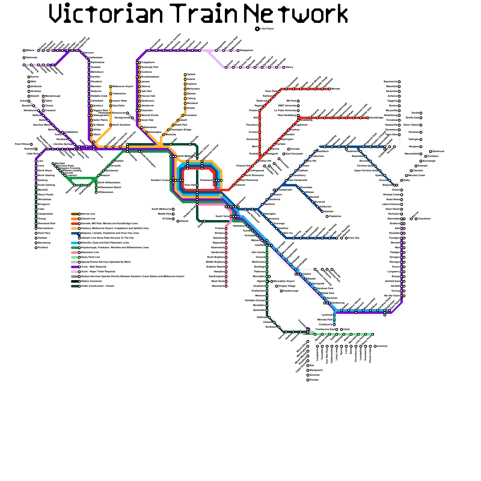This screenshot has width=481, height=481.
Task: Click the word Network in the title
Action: pyautogui.click(x=296, y=14)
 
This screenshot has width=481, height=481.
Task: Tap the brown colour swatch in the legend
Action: pyautogui.click(x=75, y=214)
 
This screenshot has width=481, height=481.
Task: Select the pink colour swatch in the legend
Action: pyautogui.click(x=75, y=253)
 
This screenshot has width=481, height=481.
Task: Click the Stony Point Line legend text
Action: pyautogui.click(x=90, y=257)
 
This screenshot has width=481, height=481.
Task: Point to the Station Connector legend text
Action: pyautogui.click(x=92, y=281)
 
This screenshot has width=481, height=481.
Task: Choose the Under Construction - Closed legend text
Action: pyautogui.click(x=97, y=286)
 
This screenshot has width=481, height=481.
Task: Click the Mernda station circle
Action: pyautogui.click(x=329, y=89)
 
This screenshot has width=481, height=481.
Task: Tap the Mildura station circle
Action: pyautogui.click(x=24, y=51)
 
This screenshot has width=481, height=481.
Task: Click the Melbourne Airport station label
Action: pyautogui.click(x=123, y=87)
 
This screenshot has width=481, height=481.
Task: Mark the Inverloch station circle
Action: pyautogui.click(x=375, y=346)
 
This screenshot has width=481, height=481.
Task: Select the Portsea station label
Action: pyautogui.click(x=314, y=380)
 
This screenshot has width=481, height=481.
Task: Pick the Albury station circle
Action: pyautogui.click(x=284, y=67)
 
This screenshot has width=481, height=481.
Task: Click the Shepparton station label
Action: pyautogui.click(x=247, y=51)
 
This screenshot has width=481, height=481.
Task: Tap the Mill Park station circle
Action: pyautogui.click(x=298, y=101)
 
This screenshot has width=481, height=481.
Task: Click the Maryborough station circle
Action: pyautogui.click(x=43, y=96)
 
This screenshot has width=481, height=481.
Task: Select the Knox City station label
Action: pyautogui.click(x=354, y=238)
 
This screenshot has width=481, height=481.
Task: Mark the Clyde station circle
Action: pyautogui.click(x=342, y=329)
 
